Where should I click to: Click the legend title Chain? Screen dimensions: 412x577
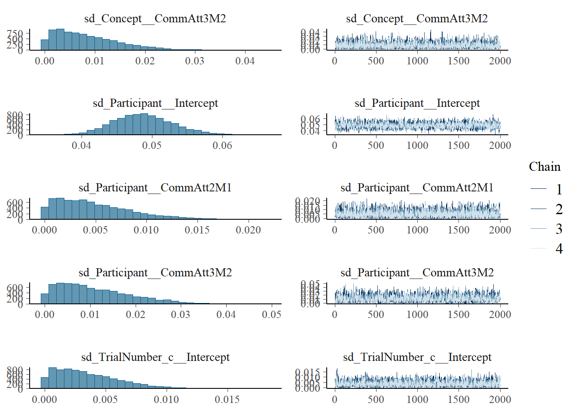[544, 167]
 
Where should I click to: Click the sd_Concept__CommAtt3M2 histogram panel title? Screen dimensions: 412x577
[155, 18]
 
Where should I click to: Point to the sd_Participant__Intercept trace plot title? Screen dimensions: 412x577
[417, 103]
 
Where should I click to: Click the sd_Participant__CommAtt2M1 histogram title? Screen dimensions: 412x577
[155, 188]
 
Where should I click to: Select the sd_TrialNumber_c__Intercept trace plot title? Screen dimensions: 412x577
[417, 357]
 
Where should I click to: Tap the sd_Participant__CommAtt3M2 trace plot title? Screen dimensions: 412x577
[417, 273]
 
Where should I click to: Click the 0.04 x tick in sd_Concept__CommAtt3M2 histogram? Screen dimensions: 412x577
[245, 61]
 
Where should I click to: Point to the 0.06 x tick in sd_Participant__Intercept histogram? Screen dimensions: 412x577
[222, 145]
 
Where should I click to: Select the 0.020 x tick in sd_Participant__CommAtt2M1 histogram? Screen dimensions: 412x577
[248, 230]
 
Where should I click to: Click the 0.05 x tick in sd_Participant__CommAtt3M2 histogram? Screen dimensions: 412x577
[271, 315]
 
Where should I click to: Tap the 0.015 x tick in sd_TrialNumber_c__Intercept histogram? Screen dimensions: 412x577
[227, 399]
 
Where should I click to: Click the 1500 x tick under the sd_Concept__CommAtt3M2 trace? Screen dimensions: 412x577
[459, 61]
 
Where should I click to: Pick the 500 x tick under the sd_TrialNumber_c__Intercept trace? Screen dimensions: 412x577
[376, 399]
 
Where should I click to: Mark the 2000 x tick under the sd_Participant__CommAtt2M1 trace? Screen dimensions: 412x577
[500, 230]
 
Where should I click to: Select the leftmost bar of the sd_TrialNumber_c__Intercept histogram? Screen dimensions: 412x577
[45, 383]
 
